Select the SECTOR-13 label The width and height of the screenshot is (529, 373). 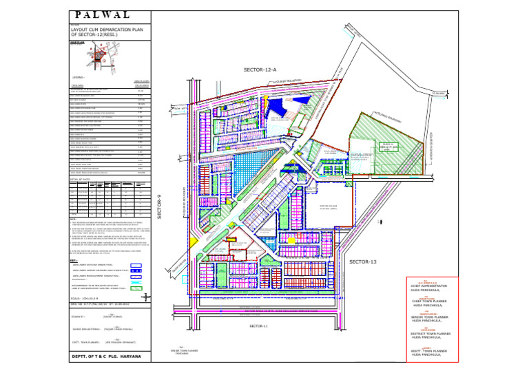pyautogui.click(x=364, y=262)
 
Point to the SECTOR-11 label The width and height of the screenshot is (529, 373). pyautogui.click(x=259, y=325)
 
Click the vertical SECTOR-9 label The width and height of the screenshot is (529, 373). pyautogui.click(x=159, y=206)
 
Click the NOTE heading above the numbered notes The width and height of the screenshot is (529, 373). pyautogui.click(x=73, y=219)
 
